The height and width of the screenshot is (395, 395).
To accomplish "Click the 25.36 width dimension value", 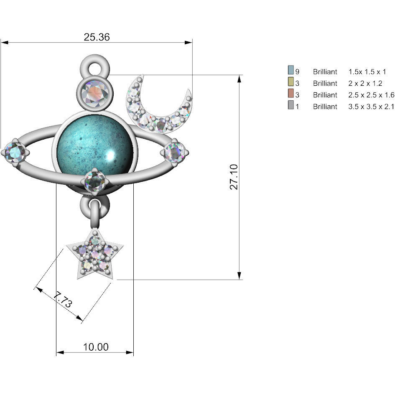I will click(x=97, y=37).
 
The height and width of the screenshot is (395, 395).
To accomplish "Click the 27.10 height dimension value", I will click(x=234, y=177).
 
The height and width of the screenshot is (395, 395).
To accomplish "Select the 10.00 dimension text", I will click(x=95, y=347).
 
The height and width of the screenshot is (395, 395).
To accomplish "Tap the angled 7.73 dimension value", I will click(x=63, y=301).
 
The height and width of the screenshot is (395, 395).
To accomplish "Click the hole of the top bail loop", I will click(x=94, y=66).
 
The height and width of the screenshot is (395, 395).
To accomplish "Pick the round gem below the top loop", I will click(x=94, y=93).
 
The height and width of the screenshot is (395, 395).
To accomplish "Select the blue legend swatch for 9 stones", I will click(x=291, y=71).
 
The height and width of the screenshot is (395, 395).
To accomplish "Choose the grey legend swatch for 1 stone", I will click(x=291, y=106).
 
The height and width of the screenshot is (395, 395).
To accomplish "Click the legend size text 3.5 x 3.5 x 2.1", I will click(x=371, y=107).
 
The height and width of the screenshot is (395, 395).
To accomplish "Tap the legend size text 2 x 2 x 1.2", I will click(x=365, y=83).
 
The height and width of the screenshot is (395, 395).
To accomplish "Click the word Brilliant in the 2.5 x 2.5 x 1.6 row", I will click(x=325, y=95).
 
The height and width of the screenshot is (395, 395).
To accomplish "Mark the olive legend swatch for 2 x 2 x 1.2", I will click(x=291, y=83).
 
